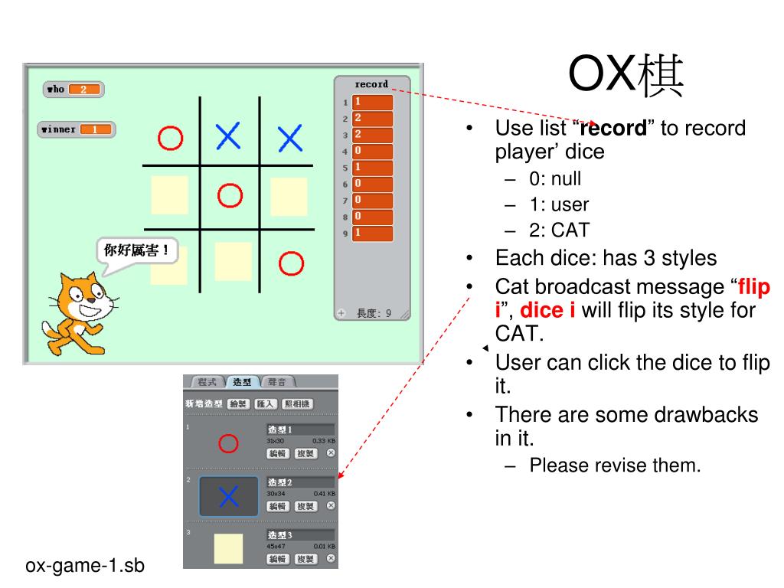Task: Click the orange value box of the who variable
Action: pyautogui.click(x=85, y=90)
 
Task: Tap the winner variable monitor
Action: pyautogui.click(x=77, y=129)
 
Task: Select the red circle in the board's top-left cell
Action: pyautogui.click(x=170, y=139)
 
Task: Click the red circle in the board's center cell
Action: pyautogui.click(x=230, y=196)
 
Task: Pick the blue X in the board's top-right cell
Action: pyautogui.click(x=290, y=139)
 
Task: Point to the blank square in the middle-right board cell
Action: pyautogui.click(x=289, y=196)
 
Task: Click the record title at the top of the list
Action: pyautogui.click(x=371, y=84)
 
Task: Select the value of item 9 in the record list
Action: pyautogui.click(x=373, y=233)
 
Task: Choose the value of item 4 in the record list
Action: pyautogui.click(x=373, y=151)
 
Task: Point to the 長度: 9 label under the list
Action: pyautogui.click(x=374, y=313)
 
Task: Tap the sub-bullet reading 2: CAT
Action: pyautogui.click(x=560, y=230)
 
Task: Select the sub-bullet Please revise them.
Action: pyautogui.click(x=615, y=465)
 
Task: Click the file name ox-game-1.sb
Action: pyautogui.click(x=85, y=566)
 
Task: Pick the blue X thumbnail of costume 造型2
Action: pyautogui.click(x=228, y=496)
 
